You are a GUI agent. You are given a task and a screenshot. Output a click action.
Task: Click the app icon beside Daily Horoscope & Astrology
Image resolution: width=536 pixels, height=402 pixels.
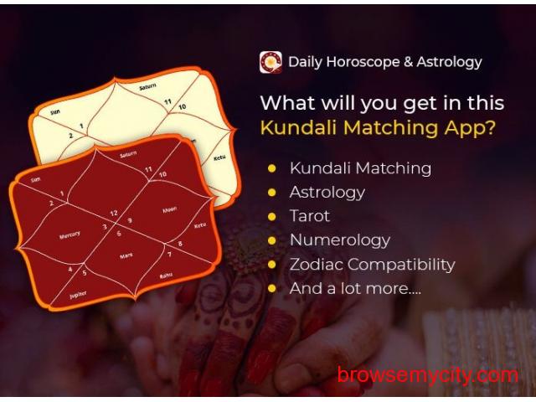271,62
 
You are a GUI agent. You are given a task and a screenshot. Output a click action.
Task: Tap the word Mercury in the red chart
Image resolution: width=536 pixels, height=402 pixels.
70,234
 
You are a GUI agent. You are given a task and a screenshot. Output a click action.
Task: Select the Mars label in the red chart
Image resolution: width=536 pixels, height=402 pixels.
126,255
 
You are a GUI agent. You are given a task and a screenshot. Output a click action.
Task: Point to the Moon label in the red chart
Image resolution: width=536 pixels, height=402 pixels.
169,209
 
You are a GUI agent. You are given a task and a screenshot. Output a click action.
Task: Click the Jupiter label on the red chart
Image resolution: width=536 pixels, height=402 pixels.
78,295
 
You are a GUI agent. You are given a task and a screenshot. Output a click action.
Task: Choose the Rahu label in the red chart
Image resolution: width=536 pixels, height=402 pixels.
166,276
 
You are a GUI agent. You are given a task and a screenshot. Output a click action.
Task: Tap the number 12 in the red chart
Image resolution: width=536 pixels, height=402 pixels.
114,214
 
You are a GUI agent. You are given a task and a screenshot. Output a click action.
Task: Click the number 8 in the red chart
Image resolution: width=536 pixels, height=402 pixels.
180,244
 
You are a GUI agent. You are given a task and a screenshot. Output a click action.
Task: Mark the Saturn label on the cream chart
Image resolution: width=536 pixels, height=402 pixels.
147,87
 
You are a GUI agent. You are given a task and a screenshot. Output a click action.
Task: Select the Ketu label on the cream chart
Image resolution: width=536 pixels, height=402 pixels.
219,157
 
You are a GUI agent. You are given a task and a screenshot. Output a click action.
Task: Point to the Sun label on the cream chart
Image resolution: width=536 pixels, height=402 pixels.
55,111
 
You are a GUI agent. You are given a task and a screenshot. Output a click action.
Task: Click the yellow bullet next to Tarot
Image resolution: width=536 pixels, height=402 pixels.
272,217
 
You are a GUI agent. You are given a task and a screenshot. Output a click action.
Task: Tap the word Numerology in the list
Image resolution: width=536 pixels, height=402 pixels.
340,240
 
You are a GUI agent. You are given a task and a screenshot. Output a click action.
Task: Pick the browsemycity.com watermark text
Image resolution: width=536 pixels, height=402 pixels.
428,376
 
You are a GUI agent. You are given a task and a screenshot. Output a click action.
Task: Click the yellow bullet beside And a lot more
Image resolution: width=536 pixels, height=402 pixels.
272,289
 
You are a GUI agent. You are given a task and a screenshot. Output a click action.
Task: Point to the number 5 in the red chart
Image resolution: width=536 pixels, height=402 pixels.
84,273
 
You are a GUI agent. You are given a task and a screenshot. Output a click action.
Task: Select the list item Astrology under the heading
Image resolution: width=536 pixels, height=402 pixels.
327,193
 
